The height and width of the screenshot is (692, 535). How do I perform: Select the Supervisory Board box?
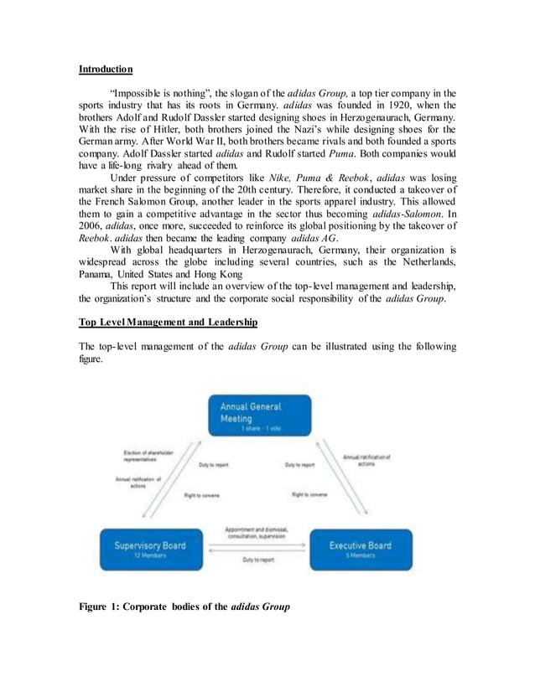click(151, 549)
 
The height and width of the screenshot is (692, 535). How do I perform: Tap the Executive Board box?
click(361, 549)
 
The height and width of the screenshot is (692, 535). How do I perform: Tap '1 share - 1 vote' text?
click(255, 427)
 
